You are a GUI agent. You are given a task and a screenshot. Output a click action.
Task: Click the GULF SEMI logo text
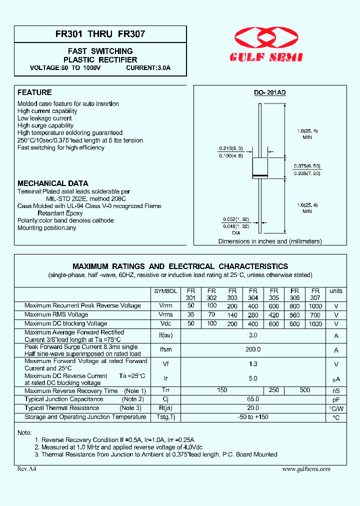pos(266,57)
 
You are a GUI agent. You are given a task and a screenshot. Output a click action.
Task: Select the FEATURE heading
pos(34,92)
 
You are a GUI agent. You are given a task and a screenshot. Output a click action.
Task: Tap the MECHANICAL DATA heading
pos(53,183)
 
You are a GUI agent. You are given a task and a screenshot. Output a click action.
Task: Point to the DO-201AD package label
pos(269,93)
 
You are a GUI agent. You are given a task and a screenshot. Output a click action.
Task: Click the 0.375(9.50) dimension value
pos(307,165)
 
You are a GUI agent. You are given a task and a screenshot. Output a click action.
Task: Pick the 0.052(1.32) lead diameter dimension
pos(233,219)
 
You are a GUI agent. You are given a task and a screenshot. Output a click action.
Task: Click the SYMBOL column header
pos(165,291)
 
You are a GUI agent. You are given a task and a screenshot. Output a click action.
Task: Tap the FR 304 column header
pos(253,294)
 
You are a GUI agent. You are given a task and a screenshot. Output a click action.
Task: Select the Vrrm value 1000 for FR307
pos(315,306)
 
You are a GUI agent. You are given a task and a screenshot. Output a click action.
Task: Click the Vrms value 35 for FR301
pos(191,315)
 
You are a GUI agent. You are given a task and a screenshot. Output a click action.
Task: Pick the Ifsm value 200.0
pos(253,350)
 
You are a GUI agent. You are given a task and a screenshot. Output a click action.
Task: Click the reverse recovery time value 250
pos(273,390)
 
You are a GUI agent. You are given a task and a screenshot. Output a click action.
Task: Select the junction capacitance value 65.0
pos(253,399)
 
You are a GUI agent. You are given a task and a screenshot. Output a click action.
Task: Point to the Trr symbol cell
pos(165,390)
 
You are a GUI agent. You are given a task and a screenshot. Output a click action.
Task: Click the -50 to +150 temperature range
pos(253,417)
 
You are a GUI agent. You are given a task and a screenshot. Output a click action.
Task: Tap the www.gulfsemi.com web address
pos(306,469)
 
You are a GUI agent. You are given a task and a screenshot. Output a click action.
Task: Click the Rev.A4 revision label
pos(27,469)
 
